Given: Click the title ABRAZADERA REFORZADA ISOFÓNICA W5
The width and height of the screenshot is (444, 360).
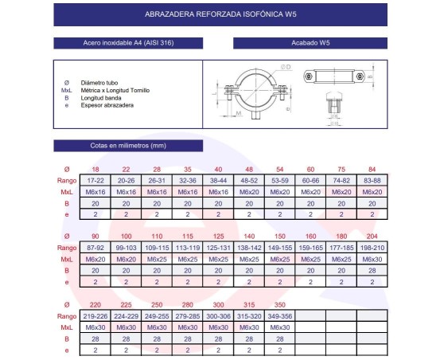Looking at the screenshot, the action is click(222, 14).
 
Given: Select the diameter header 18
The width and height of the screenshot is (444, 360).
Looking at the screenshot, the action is click(95, 170).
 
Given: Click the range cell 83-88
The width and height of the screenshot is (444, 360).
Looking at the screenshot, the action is click(371, 181).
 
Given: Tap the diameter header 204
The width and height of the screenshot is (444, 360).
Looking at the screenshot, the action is click(371, 237).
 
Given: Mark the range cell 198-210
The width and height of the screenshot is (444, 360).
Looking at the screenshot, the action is click(371, 248).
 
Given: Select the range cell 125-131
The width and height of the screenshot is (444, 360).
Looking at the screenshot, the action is click(218, 248).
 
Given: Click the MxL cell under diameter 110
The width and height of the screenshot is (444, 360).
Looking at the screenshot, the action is click(157, 259).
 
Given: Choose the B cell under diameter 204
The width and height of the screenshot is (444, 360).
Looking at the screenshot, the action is click(371, 270).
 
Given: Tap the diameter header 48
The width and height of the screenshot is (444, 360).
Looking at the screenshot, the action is click(248, 170).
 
